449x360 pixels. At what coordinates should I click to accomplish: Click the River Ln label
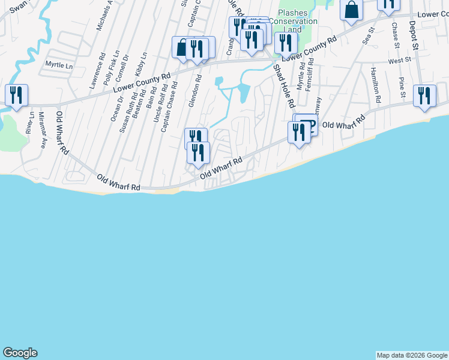pos(29,122)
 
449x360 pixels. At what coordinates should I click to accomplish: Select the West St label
pos(399,61)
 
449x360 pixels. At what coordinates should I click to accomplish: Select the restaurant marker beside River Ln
pos(16,95)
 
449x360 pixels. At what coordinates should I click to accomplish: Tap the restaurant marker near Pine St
pos(424,95)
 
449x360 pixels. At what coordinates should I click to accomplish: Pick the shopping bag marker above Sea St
pos(351,9)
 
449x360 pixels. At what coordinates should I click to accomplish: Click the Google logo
pos(20,353)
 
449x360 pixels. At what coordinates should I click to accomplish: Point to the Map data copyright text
pos(412,355)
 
